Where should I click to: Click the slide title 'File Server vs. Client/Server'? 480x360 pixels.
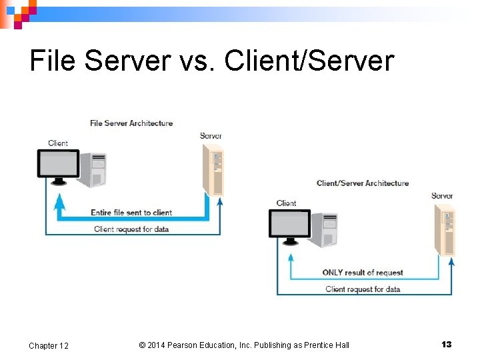212,61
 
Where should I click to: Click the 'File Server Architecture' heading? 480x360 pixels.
131,123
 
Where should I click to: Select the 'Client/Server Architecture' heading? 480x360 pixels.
363,183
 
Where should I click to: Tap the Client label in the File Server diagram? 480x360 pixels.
58,143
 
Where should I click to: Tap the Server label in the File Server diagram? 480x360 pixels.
211,136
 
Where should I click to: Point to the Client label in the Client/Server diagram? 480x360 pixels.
286,203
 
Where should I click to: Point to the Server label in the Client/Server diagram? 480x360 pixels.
442,196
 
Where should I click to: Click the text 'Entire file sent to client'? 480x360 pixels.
131,213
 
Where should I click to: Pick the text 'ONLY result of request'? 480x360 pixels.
363,273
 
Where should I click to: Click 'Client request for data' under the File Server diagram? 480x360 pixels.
131,229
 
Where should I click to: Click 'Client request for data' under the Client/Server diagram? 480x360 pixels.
363,289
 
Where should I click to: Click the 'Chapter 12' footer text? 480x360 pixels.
48,345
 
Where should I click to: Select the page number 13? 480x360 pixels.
446,344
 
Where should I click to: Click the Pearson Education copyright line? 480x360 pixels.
244,345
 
